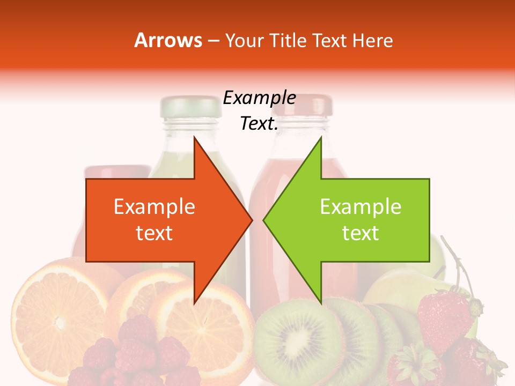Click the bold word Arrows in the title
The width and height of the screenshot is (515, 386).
(168, 40)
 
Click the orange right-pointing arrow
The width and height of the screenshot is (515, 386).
(161, 220)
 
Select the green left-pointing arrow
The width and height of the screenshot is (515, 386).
(354, 220)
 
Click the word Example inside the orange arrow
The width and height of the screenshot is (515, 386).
(154, 207)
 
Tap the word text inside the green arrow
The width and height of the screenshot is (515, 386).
(360, 233)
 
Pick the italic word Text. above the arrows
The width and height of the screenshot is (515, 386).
(259, 124)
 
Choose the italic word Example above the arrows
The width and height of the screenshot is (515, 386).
(259, 98)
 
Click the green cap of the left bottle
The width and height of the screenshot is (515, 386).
(190, 106)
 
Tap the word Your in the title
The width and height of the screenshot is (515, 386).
(242, 40)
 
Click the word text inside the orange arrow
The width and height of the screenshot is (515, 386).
(154, 233)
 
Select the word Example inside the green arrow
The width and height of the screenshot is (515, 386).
(360, 207)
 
